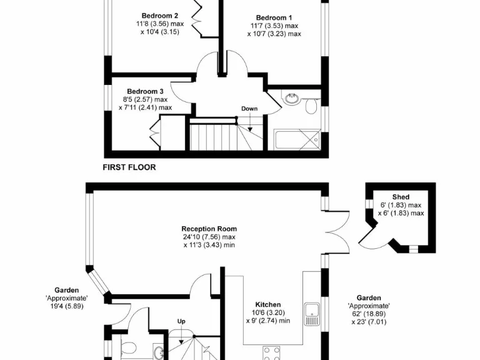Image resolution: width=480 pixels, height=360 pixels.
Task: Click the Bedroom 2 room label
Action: (x=160, y=16)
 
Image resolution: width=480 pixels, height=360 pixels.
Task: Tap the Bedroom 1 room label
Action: (x=274, y=17)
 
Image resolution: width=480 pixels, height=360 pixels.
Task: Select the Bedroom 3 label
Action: (x=145, y=91)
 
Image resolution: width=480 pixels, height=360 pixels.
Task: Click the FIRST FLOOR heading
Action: (x=129, y=167)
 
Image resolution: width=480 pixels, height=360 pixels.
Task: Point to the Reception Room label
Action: (x=209, y=229)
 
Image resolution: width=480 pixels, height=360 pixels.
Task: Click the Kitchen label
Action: (x=267, y=304)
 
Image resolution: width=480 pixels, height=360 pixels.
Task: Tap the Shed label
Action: (x=401, y=197)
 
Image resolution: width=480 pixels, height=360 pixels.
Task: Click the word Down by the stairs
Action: (x=249, y=109)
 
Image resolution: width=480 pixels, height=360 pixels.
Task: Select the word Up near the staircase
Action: (x=182, y=321)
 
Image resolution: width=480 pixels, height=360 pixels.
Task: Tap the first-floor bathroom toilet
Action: (x=311, y=106)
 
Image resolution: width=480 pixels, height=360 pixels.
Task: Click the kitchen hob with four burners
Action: (x=271, y=354)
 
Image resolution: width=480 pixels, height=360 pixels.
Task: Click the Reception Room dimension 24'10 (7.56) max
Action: (x=209, y=237)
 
